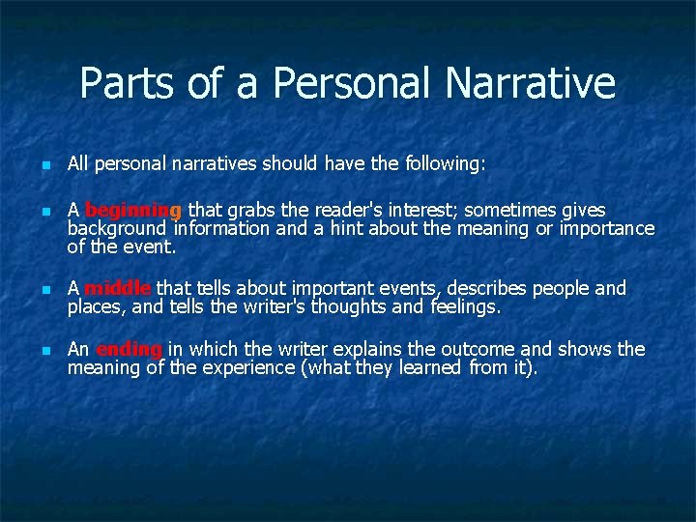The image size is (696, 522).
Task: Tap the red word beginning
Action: pos(133,210)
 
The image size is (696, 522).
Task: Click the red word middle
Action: pos(117,288)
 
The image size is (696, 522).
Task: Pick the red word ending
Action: pos(129,349)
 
